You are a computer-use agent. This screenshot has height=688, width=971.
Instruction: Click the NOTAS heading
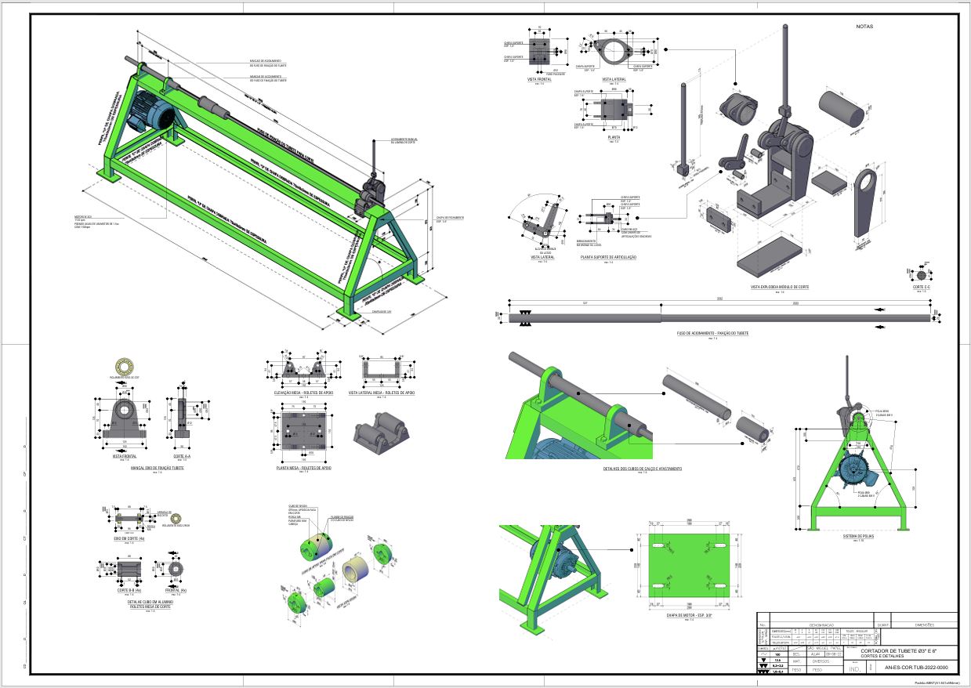(864, 27)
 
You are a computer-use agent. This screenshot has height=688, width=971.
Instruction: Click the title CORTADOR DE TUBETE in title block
(898, 650)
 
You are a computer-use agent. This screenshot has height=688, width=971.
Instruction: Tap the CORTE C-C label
(922, 288)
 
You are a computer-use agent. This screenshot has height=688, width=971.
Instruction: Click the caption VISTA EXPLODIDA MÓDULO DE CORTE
(780, 287)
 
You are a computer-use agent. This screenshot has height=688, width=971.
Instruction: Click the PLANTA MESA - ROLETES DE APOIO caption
(304, 467)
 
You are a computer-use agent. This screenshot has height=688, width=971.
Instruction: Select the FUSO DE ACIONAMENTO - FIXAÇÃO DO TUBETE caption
(712, 333)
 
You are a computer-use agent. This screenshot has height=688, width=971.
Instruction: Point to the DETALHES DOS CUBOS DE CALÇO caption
(642, 469)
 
